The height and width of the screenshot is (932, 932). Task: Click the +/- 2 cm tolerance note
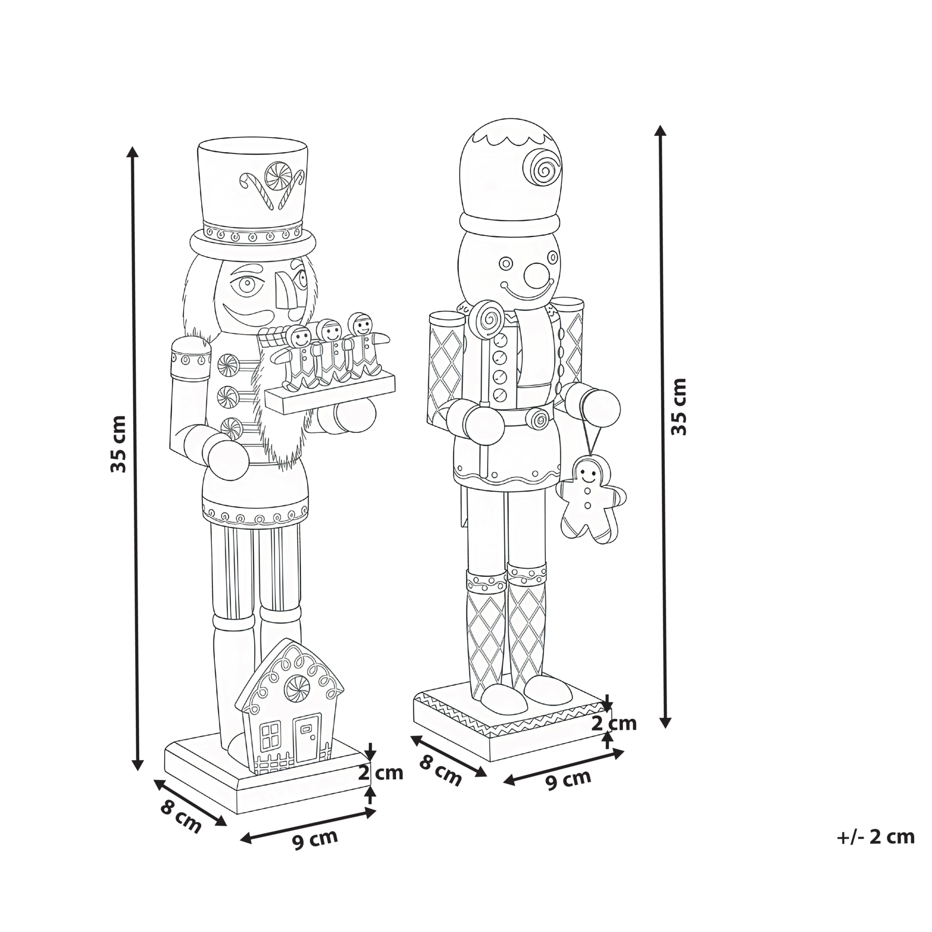[876, 851]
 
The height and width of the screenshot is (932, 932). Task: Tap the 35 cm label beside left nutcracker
[119, 444]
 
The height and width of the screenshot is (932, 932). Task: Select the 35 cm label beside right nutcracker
[678, 406]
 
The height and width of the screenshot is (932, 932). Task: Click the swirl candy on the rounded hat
[542, 166]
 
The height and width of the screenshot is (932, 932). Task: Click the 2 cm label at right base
[614, 723]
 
